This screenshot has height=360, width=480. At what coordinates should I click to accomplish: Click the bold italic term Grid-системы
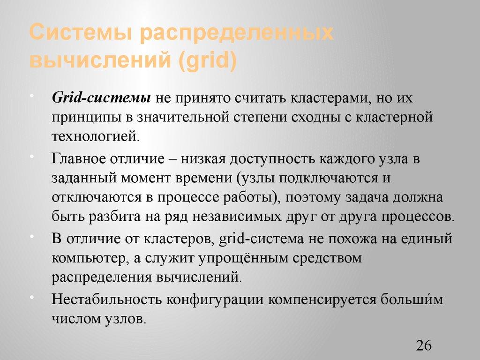tap(101, 98)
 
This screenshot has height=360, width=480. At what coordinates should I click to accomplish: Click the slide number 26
tap(423, 346)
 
